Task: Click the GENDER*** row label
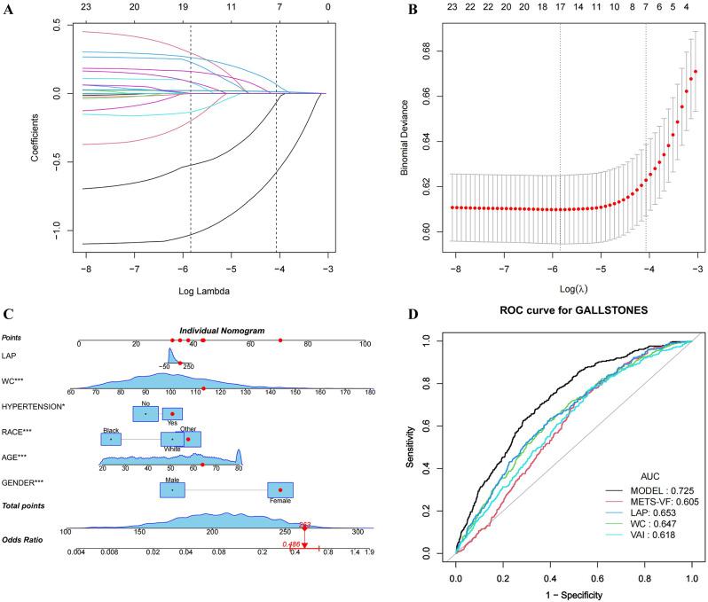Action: click(24, 482)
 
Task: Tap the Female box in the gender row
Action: click(279, 490)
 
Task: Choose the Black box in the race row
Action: click(111, 438)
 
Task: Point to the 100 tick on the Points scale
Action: click(364, 344)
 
